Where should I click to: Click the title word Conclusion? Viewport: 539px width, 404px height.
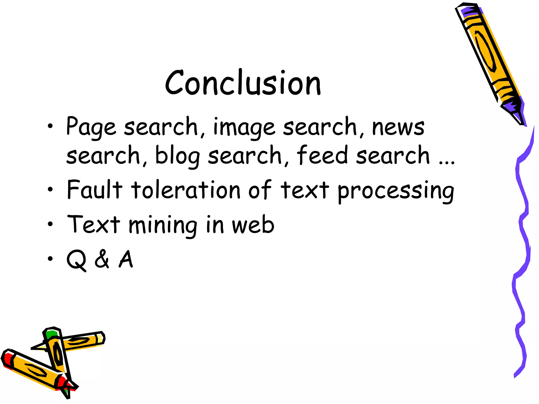tap(243, 83)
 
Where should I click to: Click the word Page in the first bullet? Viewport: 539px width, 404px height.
tap(91, 127)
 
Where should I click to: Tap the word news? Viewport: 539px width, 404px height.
tap(398, 128)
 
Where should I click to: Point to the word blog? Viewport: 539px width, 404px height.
tap(177, 156)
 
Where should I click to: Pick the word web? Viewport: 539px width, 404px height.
tap(253, 225)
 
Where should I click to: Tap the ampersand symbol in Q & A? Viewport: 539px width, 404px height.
tap(102, 259)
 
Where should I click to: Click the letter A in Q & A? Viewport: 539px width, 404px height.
tap(126, 259)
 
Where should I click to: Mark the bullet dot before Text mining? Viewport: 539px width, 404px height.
tap(50, 224)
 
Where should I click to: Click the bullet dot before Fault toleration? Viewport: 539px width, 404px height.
tap(50, 189)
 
